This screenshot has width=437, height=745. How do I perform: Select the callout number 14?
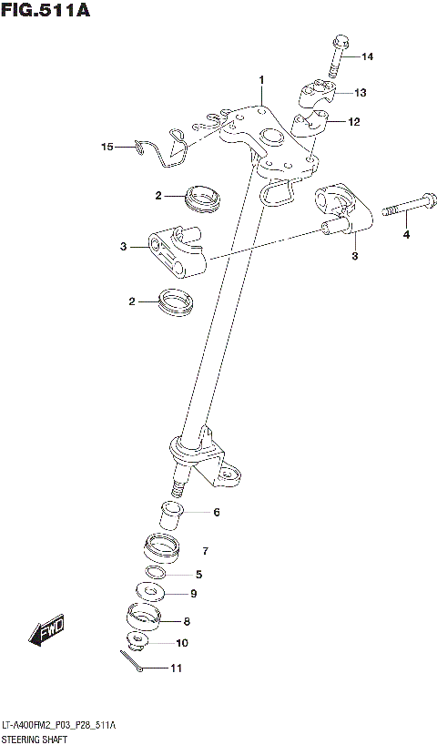tap(367, 57)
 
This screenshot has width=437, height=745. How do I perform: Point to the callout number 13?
tap(360, 93)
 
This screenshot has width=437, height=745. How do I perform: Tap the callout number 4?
tap(407, 236)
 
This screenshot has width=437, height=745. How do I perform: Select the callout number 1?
tap(260, 80)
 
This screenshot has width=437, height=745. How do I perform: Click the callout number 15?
tap(107, 146)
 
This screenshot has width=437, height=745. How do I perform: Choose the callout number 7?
tap(206, 550)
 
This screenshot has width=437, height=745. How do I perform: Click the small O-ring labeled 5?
tap(156, 573)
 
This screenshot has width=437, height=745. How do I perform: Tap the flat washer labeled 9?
tap(149, 593)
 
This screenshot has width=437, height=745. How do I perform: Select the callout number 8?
tap(187, 622)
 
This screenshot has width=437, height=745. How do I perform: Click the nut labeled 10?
tap(138, 641)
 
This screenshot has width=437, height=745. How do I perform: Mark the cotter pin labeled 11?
tap(130, 664)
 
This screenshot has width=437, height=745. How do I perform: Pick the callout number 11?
tap(176, 669)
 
